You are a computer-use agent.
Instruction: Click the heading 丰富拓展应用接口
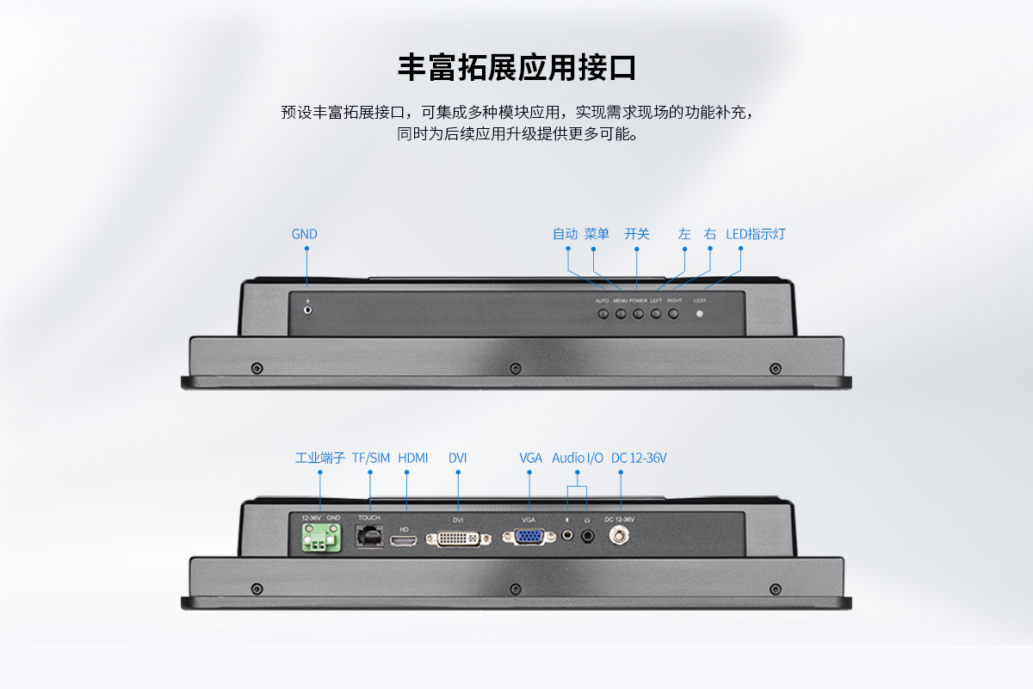(516, 67)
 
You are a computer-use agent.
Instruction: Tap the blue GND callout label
(305, 234)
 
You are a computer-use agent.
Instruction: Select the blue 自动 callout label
(565, 234)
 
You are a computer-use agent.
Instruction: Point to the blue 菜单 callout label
(597, 234)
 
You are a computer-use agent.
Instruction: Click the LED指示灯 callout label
(755, 234)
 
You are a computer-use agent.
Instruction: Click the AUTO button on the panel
(603, 313)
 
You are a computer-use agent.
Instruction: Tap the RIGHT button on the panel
(674, 313)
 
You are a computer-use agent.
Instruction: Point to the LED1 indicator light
(699, 313)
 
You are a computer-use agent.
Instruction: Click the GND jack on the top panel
(307, 309)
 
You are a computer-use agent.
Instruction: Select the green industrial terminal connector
(320, 539)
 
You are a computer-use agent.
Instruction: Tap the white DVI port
(458, 538)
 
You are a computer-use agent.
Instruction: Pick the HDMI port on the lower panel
(404, 540)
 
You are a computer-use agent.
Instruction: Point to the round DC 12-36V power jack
(618, 536)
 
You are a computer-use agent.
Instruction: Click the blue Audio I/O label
(578, 458)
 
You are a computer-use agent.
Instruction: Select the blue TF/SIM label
(371, 458)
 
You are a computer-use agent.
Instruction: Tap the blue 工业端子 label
(320, 458)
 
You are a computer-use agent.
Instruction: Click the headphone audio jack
(588, 536)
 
